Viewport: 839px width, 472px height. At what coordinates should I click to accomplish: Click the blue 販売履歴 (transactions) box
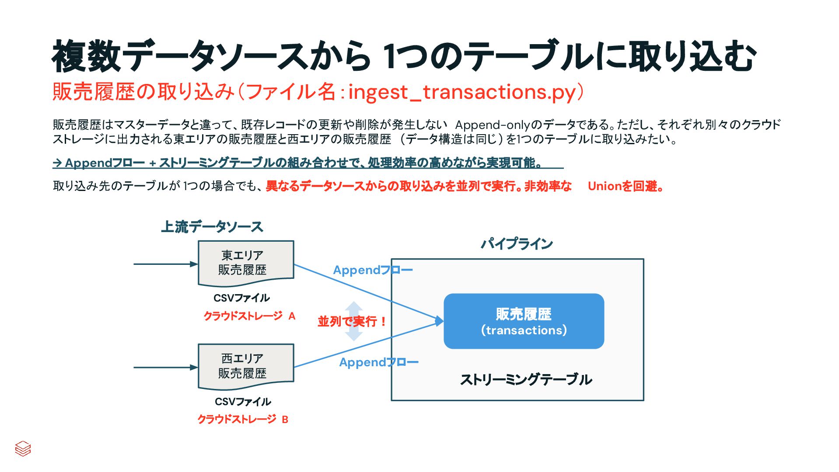[524, 321]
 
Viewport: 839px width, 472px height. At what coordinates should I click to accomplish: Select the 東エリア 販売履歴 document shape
[246, 263]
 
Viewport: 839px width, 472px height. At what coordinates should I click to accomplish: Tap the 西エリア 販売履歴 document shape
[246, 366]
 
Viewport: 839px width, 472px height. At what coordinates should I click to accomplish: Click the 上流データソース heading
[212, 227]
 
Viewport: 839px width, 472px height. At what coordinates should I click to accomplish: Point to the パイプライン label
[517, 243]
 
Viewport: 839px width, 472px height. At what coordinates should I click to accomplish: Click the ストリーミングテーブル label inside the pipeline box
[526, 379]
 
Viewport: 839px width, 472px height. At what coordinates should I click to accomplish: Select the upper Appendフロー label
[373, 270]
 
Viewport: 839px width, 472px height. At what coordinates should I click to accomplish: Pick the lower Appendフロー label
[379, 362]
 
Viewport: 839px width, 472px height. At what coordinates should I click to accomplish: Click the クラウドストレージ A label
[249, 316]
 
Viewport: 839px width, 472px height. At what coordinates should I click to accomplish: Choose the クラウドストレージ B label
[243, 419]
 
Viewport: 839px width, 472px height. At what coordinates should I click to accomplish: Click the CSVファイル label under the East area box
[241, 298]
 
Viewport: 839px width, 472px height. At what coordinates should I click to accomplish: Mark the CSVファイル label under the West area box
[243, 402]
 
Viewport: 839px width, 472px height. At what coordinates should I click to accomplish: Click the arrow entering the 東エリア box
[165, 264]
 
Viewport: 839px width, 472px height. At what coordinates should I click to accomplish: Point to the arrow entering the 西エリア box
[165, 368]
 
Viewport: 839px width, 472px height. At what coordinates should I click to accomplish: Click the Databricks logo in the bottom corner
[23, 448]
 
